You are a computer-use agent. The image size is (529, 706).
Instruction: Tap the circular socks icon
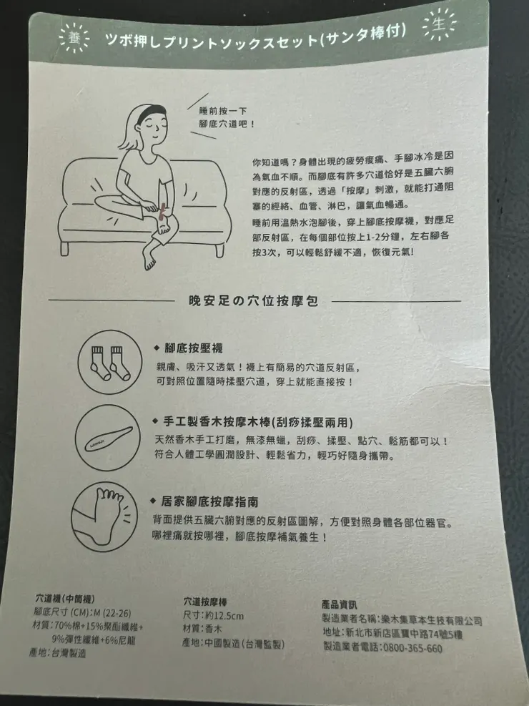[109, 361]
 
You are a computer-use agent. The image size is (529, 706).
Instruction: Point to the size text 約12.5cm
[214, 615]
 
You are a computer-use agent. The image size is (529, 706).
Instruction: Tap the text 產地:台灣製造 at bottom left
[58, 653]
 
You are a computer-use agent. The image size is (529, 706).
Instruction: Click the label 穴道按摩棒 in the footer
[205, 602]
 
